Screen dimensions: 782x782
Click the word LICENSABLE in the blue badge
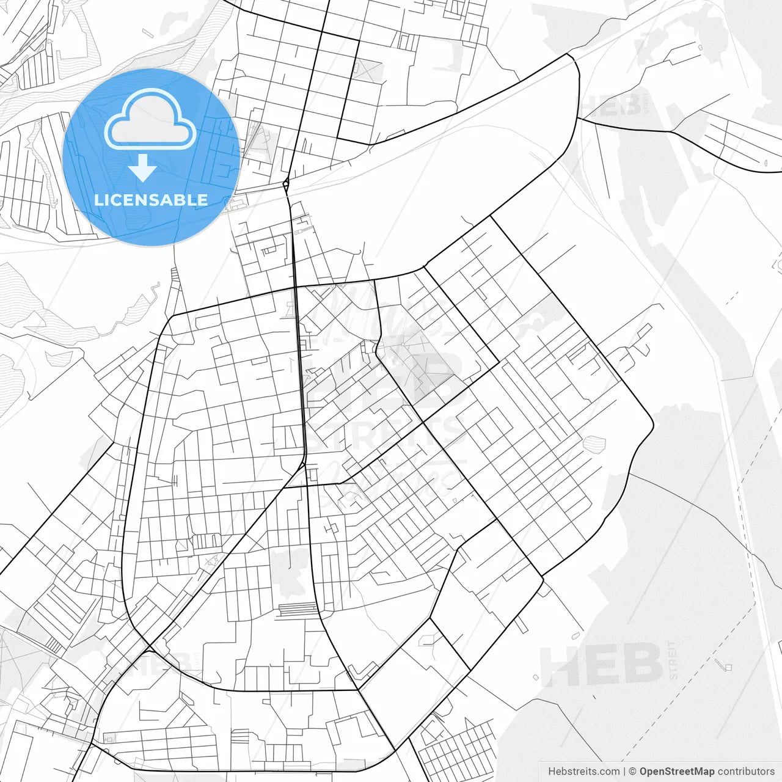point(151,200)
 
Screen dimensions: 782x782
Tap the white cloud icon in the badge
point(150,120)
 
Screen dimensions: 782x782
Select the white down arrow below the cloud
point(143,168)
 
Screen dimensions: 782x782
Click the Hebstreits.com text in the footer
point(583,772)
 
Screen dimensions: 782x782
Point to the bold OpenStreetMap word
point(677,772)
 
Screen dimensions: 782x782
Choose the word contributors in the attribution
point(746,772)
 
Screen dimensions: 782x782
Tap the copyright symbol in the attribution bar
point(633,772)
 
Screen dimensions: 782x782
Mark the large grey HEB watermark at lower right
point(602,665)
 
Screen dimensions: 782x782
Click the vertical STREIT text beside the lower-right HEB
point(673,660)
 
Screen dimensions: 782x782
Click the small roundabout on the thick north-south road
point(286,183)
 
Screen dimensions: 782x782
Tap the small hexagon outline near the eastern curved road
point(591,442)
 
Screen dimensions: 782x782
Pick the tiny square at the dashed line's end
point(728,667)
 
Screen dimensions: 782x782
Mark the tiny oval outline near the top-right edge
point(766,163)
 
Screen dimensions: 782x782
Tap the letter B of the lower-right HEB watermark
point(641,665)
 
